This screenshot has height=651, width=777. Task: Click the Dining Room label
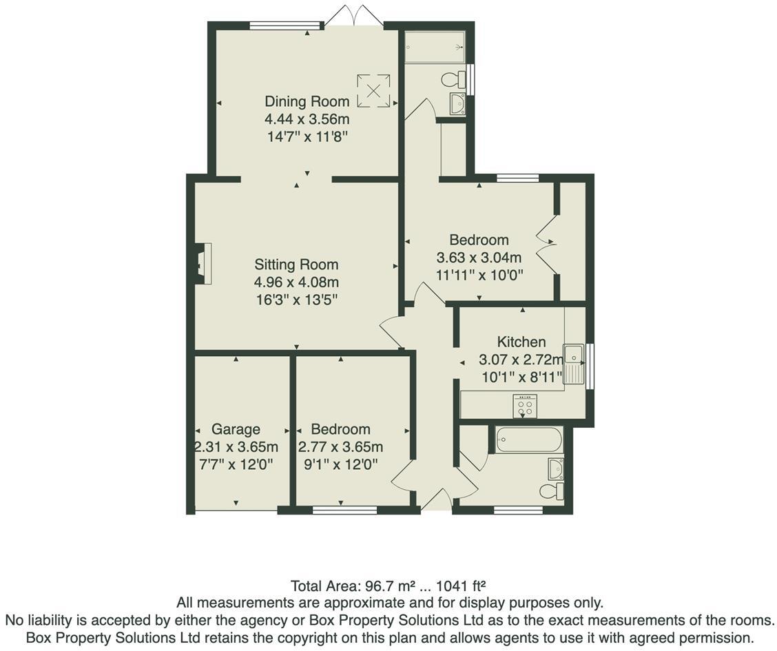click(307, 101)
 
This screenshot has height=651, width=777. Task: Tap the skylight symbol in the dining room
click(373, 90)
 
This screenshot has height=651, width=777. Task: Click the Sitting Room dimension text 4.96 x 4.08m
click(296, 282)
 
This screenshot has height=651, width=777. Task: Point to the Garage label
click(236, 428)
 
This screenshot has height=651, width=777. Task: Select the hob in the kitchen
click(525, 406)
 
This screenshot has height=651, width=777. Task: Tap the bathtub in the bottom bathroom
click(529, 440)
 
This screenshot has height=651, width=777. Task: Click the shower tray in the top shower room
click(435, 47)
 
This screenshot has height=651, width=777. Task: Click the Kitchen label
click(521, 342)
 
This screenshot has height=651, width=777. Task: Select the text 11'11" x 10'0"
click(479, 276)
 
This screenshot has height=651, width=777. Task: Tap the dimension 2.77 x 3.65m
click(340, 446)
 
